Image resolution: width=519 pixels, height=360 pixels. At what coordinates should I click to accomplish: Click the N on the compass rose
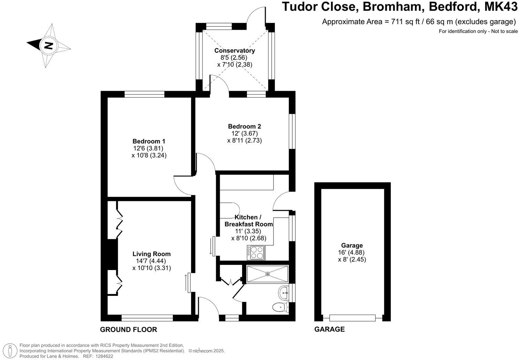pos(48,45)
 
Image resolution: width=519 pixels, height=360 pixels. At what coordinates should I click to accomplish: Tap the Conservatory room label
pos(234,51)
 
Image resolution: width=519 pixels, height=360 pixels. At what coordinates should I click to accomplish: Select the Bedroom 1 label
pos(149,141)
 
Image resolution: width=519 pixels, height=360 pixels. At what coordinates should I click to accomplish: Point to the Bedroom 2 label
pos(244,126)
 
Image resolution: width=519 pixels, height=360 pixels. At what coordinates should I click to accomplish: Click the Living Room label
pos(151,254)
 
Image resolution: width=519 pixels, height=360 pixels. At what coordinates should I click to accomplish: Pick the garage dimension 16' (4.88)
pos(352,253)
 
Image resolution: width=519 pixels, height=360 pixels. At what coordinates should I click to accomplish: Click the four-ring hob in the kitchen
pos(256,253)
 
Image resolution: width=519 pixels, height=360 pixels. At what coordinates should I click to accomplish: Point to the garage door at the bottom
pos(352,318)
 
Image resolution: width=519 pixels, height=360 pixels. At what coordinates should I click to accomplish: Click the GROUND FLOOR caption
pos(128,329)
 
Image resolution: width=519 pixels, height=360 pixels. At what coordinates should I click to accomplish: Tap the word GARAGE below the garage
pos(329,329)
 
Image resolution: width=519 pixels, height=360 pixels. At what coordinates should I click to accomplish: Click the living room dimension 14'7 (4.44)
pos(151,261)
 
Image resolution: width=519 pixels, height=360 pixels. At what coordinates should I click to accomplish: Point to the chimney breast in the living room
pos(112,254)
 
